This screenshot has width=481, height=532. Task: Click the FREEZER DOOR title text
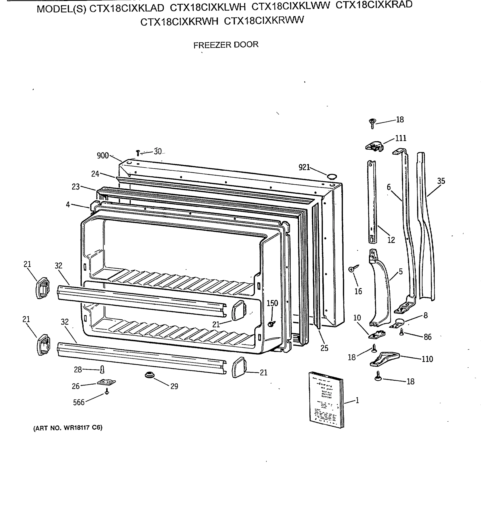[226, 45]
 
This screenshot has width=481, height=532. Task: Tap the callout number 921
[304, 167]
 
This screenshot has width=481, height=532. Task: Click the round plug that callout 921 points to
[332, 176]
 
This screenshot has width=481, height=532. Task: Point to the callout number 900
[103, 156]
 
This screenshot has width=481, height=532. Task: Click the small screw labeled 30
[137, 153]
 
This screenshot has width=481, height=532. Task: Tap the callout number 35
[441, 181]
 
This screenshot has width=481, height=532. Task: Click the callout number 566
[79, 402]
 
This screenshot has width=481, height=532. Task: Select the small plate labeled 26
[106, 382]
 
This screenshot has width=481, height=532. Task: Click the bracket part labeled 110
[384, 359]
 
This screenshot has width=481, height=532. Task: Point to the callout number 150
[272, 303]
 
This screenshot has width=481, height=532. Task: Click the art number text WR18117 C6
[68, 428]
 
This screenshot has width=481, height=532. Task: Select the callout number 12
[391, 240]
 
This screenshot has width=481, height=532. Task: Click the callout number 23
[76, 187]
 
